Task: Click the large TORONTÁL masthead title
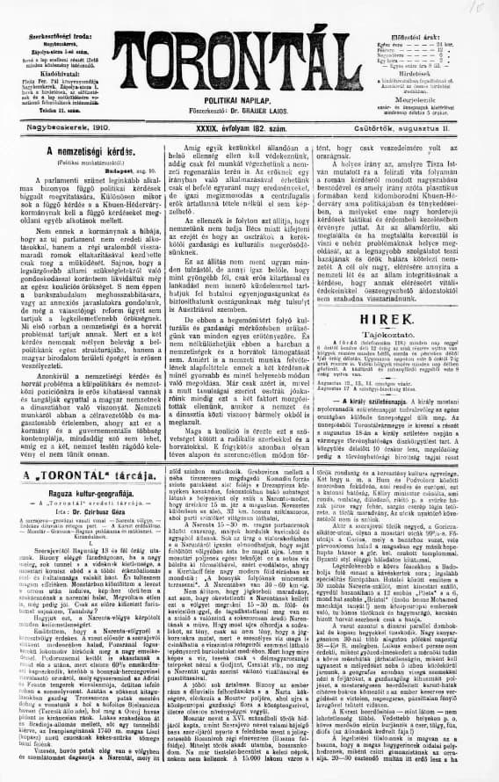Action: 249,52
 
